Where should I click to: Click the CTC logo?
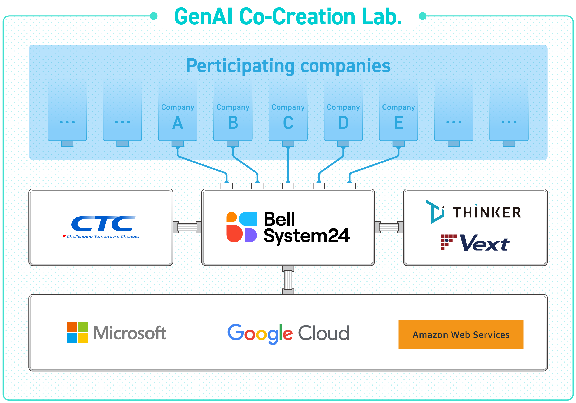tap(101, 227)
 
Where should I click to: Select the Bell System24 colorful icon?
tap(241, 227)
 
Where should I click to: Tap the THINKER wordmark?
tap(487, 212)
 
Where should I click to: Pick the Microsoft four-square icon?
tap(77, 333)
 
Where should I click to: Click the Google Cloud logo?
tap(288, 334)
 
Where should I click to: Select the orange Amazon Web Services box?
tap(461, 334)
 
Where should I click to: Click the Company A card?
tap(178, 112)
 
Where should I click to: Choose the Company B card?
tap(233, 112)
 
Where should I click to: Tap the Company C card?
tap(288, 112)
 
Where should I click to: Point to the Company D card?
tap(343, 112)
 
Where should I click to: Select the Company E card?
tap(398, 112)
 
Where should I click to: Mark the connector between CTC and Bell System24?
tap(187, 227)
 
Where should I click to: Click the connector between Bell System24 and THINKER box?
tap(389, 227)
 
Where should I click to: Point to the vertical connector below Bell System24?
tap(288, 280)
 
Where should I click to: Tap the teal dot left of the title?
tap(154, 16)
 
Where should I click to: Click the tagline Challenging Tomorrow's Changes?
tap(103, 236)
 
